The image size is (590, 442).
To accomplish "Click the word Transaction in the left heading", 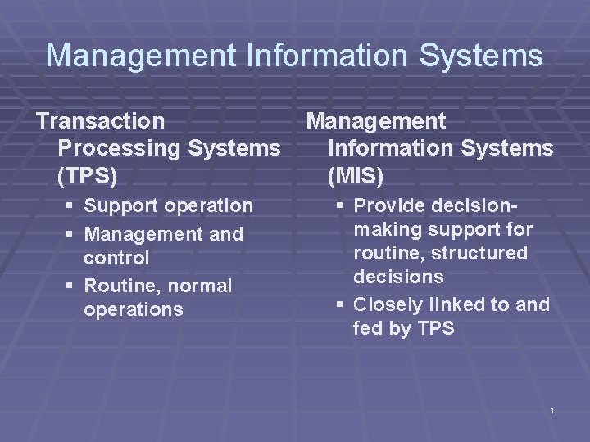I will [100, 121].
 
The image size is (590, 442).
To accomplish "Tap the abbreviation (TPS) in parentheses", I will [88, 174].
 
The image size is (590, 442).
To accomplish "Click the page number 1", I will [553, 409].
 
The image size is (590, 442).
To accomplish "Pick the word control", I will [116, 259].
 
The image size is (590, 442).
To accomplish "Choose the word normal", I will [200, 286].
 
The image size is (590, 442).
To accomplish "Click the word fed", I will [367, 328].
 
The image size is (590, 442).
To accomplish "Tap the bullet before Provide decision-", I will [341, 205].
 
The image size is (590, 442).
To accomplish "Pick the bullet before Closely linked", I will [341, 305].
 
